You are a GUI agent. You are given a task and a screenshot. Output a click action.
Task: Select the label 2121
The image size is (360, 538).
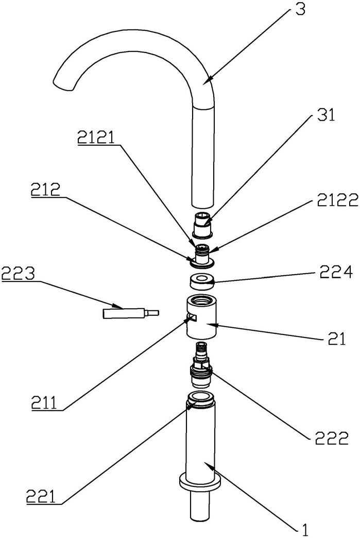tap(96, 138)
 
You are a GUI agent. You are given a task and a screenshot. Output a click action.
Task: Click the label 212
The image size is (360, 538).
tap(45, 190)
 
